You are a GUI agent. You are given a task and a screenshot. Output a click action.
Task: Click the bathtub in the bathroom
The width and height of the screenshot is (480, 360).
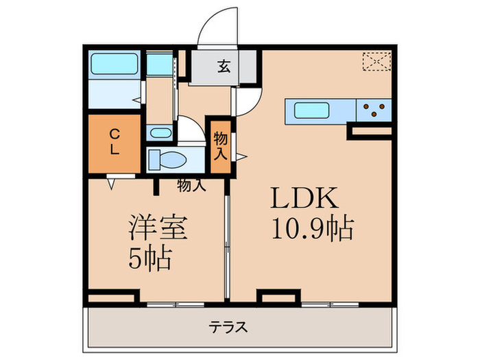(115, 64)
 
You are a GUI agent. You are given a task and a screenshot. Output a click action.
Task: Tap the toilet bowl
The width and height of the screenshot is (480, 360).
(168, 160)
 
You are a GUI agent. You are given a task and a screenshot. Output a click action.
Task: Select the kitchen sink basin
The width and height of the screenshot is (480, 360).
(313, 109)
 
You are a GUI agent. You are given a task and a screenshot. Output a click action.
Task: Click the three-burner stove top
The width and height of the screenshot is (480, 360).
(374, 110)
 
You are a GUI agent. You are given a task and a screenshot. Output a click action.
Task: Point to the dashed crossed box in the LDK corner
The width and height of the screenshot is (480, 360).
(376, 62)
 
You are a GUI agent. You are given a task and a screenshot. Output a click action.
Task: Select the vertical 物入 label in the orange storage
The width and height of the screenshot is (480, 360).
(219, 145)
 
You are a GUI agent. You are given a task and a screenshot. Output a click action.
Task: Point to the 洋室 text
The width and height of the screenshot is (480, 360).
(158, 228)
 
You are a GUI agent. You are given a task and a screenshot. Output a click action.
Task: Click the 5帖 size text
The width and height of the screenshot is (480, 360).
(150, 259)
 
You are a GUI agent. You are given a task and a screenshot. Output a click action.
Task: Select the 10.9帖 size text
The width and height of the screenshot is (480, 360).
(312, 229)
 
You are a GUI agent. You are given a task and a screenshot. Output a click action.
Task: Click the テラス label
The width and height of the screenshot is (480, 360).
(228, 327)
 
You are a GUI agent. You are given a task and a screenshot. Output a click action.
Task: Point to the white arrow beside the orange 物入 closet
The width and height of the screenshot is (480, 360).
(241, 157)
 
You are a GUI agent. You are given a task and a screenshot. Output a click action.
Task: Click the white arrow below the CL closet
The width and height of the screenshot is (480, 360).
(111, 183)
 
